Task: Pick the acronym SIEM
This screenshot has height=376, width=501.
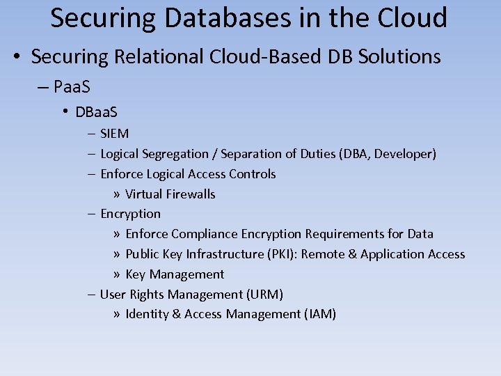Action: [x=114, y=133]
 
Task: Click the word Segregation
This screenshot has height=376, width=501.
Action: [x=175, y=153]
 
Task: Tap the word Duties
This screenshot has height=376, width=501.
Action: [x=315, y=153]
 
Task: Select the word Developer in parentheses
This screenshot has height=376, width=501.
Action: [x=405, y=153]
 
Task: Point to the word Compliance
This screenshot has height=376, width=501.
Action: [x=205, y=234]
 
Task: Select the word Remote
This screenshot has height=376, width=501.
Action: [x=323, y=254]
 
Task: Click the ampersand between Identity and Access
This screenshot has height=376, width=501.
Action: [x=177, y=314]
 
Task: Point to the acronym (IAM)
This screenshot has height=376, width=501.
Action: [x=320, y=314]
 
